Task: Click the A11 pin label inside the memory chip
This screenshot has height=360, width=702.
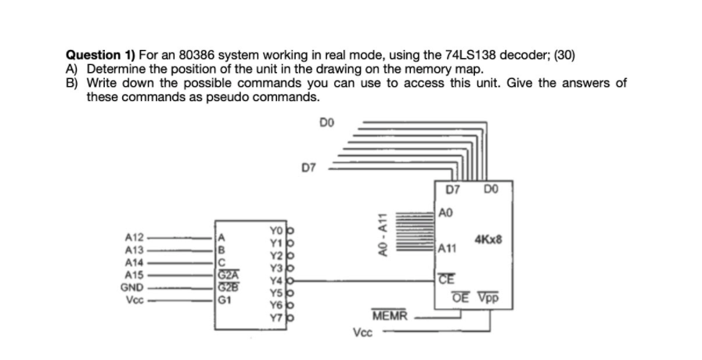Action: tap(448, 249)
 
